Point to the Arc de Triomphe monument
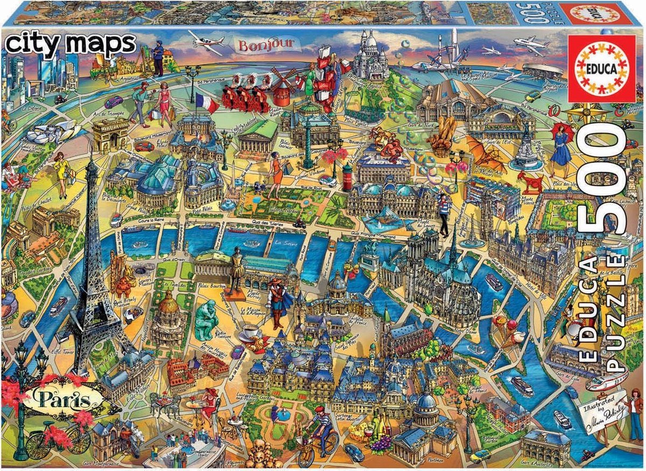111,135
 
